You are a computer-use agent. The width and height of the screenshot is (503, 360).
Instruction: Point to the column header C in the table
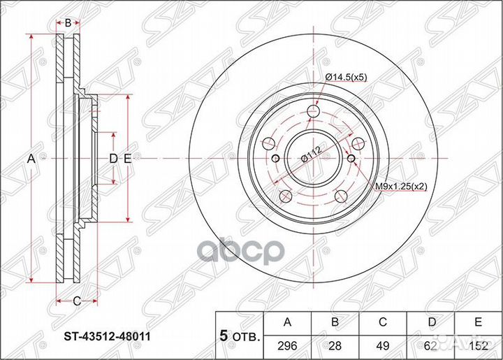click(x=383, y=322)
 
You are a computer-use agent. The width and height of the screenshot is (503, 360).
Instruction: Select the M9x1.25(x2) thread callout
click(x=401, y=187)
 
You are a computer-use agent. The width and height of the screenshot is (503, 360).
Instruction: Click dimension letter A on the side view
click(x=31, y=159)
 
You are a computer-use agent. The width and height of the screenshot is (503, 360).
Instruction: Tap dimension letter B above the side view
click(x=68, y=23)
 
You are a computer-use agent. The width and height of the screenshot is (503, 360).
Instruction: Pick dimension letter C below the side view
click(x=76, y=301)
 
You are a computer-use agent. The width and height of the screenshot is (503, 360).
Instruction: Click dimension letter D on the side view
click(x=112, y=159)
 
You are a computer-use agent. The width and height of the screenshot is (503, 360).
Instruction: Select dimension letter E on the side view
click(x=127, y=159)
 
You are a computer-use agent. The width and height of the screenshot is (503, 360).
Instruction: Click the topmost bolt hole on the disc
click(x=313, y=109)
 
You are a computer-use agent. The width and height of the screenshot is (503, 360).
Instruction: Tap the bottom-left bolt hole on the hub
click(x=284, y=195)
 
